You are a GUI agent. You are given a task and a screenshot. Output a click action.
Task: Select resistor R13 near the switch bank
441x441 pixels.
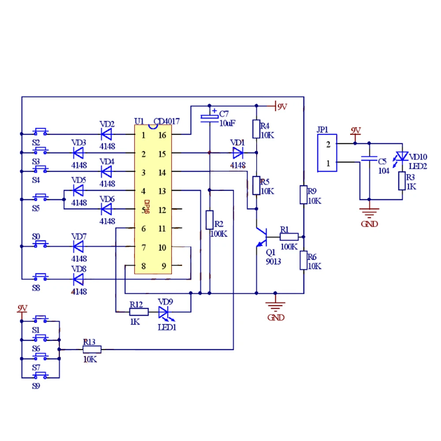92,350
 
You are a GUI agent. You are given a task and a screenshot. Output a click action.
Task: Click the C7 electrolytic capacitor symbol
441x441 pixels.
209,117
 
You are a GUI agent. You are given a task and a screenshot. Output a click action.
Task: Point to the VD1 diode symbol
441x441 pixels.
238,153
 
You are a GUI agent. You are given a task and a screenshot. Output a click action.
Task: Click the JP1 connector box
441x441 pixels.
327,153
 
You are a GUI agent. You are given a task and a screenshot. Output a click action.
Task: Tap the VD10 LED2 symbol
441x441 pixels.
402,157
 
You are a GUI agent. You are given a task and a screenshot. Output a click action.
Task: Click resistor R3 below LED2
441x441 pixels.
402,181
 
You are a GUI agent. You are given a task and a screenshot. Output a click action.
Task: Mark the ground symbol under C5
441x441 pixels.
369,212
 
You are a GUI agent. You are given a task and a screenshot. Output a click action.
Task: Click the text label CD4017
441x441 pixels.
167,122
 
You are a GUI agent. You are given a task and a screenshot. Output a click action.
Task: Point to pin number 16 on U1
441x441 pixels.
162,135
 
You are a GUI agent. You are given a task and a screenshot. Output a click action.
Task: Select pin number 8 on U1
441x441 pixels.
143,266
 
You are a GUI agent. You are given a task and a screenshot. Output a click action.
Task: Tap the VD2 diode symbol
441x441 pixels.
106,133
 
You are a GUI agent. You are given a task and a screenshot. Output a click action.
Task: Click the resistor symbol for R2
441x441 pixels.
209,220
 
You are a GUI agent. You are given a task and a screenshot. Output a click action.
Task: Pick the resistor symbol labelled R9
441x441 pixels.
303,194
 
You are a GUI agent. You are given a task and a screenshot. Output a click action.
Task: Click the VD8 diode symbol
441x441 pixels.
78,279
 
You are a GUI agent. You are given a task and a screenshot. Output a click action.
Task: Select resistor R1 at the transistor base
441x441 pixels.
289,236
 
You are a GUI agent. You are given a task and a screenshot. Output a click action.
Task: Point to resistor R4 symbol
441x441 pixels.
256,129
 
